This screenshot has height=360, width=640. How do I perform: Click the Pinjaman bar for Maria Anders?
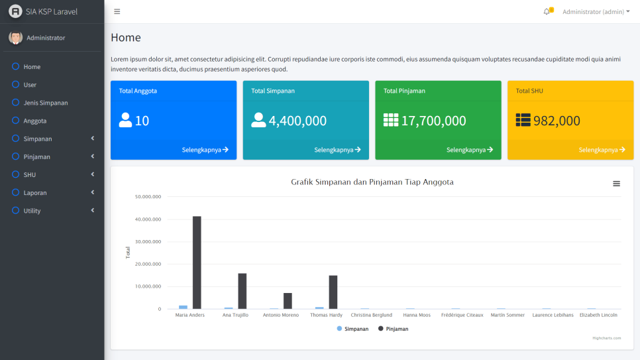[197, 263]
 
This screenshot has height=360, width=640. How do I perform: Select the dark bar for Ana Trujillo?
[242, 291]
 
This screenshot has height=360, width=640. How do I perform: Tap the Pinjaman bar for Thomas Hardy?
[333, 292]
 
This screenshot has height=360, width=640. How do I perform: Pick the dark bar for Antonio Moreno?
[288, 301]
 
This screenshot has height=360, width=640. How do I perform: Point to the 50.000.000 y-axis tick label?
[148, 197]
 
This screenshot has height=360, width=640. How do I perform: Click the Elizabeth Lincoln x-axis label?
[598, 315]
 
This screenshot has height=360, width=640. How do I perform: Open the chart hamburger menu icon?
[616, 184]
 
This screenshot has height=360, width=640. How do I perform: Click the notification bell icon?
[547, 12]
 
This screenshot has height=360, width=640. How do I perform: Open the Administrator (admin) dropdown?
[596, 12]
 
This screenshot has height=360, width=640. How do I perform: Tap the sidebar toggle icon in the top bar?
[117, 12]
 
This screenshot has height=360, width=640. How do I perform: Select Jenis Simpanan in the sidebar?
[45, 103]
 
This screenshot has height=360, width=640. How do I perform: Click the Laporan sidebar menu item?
[36, 193]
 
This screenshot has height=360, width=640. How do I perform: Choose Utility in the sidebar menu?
[32, 211]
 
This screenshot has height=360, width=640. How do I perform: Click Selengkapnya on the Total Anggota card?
[205, 150]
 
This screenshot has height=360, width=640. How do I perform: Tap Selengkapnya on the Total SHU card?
[602, 150]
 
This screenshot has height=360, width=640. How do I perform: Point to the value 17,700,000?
[433, 121]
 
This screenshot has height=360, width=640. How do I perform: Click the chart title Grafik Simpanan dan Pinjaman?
[372, 182]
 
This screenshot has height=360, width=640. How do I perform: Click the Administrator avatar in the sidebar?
[15, 38]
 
